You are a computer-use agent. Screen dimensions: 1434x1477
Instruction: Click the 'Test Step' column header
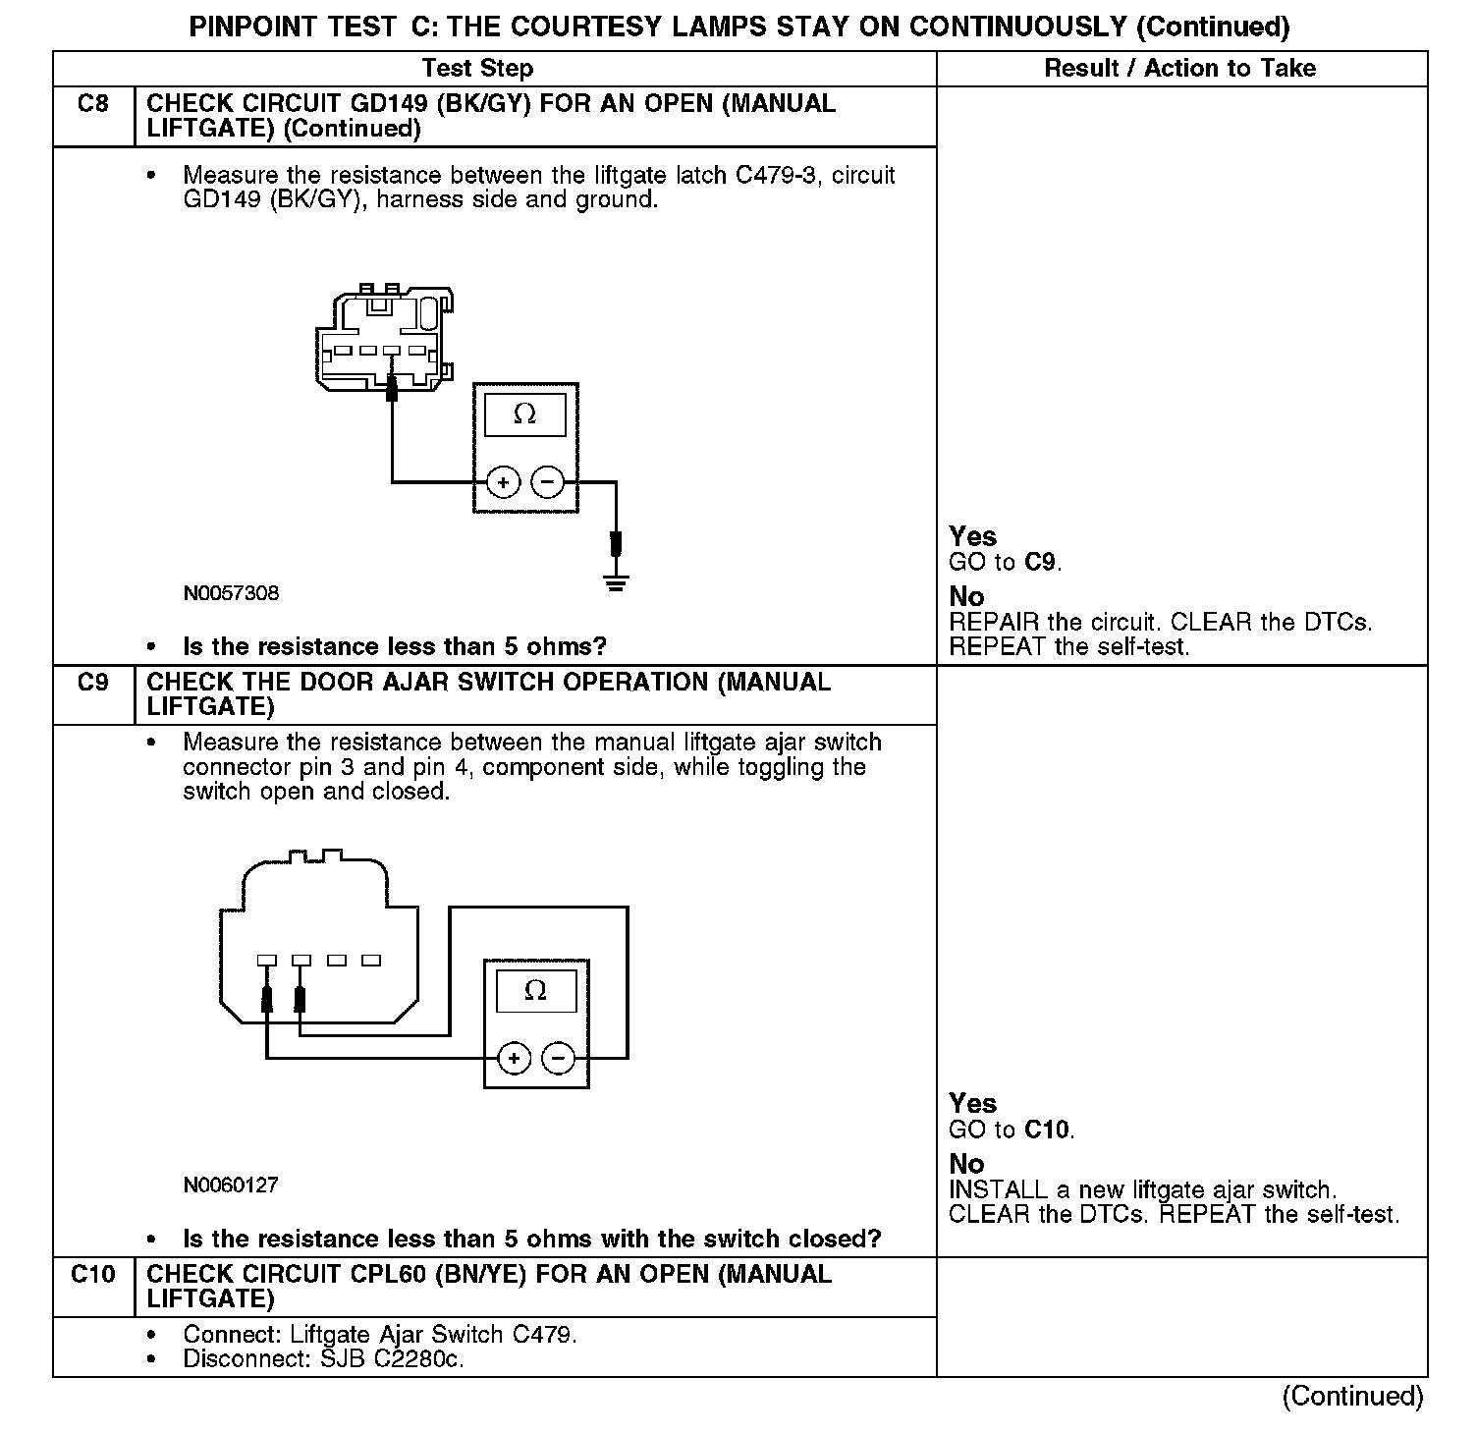click(477, 68)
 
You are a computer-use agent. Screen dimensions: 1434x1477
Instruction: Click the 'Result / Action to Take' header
click(1179, 68)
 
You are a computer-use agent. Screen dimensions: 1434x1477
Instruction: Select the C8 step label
click(92, 104)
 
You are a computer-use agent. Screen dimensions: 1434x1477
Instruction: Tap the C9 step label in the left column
click(92, 683)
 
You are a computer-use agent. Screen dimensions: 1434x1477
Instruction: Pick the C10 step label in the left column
click(92, 1275)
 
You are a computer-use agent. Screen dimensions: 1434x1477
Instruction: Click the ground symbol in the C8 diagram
click(617, 585)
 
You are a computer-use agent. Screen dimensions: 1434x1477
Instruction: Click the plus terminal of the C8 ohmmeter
click(504, 482)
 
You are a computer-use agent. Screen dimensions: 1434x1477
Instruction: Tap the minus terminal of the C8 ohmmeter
click(548, 482)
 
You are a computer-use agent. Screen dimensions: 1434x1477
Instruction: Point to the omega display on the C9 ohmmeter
click(535, 990)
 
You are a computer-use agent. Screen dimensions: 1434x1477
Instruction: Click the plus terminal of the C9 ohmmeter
click(514, 1058)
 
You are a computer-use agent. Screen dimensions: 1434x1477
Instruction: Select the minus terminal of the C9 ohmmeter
click(559, 1058)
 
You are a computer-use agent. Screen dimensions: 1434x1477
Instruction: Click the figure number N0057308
click(231, 593)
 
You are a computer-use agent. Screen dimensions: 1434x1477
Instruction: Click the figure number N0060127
click(231, 1185)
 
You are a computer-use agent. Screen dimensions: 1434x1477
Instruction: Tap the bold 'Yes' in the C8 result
click(972, 536)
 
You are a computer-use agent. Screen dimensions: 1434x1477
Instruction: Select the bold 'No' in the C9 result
click(966, 1164)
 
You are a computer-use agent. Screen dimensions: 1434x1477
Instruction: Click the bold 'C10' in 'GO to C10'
click(1047, 1130)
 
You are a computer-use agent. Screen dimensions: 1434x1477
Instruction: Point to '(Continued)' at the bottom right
click(1352, 1396)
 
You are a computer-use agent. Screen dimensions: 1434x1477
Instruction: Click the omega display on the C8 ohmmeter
click(525, 414)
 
